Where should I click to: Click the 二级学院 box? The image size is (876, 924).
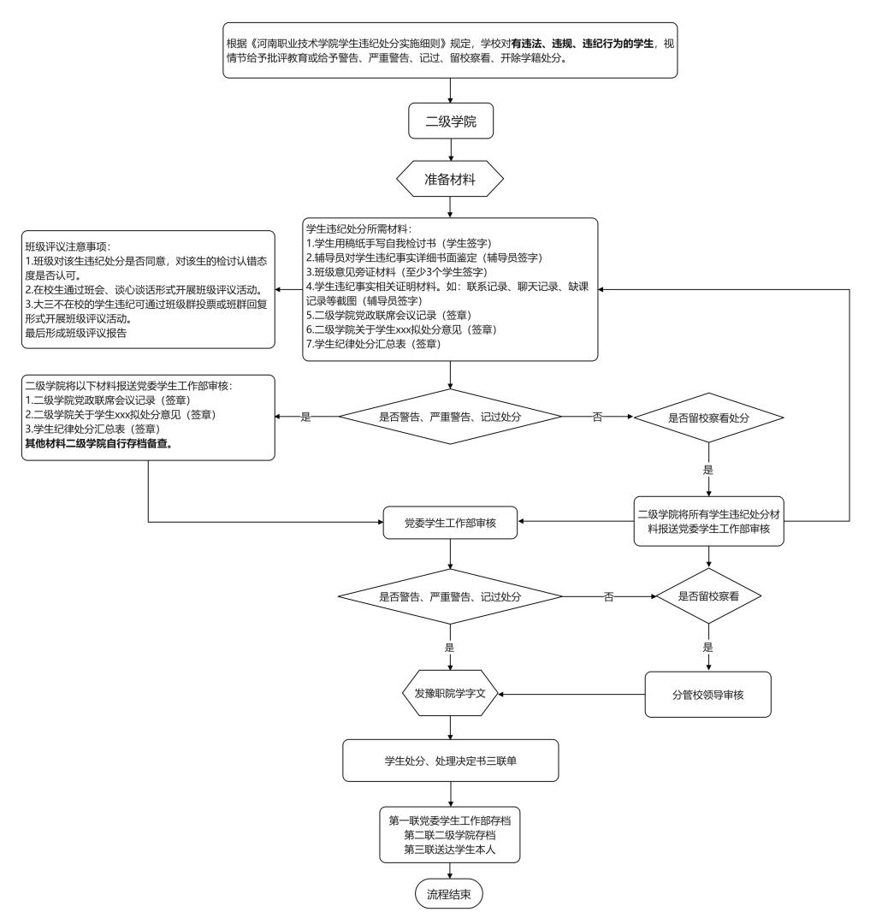[450, 122]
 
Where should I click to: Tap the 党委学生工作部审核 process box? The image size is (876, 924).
[450, 521]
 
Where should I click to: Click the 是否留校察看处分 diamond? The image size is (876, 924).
[708, 418]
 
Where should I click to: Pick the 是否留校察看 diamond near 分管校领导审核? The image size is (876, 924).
[708, 596]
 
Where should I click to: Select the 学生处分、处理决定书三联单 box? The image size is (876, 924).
[450, 761]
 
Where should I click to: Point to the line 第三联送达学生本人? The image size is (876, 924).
[450, 850]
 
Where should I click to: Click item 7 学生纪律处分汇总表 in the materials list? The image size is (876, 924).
[373, 344]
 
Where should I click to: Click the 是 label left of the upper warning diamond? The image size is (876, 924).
[305, 418]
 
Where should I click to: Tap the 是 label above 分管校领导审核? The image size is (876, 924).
[708, 649]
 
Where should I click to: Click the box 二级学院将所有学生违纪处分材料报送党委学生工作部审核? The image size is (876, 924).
[708, 521]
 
